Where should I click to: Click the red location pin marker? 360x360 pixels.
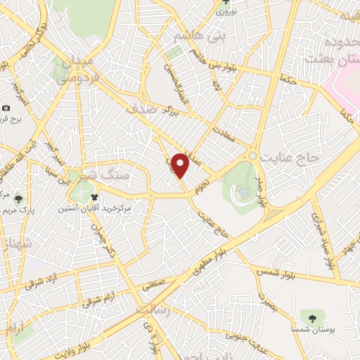click(x=181, y=165)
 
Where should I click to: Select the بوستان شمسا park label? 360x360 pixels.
click(x=313, y=328)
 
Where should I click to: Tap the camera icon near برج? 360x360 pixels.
click(x=6, y=108)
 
